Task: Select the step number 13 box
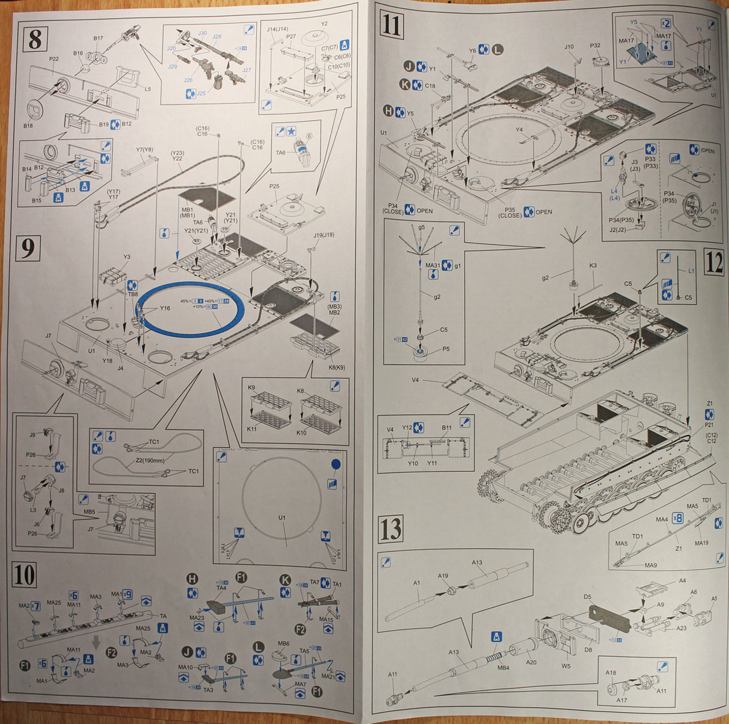click(391, 529)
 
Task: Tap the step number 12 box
click(713, 264)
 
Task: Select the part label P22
click(54, 59)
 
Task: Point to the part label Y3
click(126, 257)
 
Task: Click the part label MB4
click(504, 667)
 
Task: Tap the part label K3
click(593, 265)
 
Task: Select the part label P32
click(595, 45)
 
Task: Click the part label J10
click(569, 46)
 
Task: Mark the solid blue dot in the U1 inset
click(336, 465)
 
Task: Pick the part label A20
click(530, 662)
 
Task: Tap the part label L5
click(148, 89)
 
